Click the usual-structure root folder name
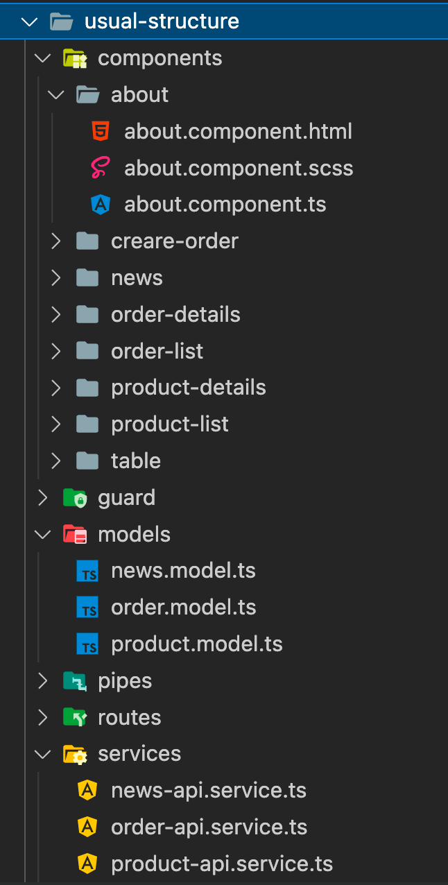pyautogui.click(x=162, y=22)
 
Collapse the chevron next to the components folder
pyautogui.click(x=43, y=58)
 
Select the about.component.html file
pyautogui.click(x=238, y=131)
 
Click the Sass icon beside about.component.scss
pyautogui.click(x=101, y=168)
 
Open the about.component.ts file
pyautogui.click(x=225, y=205)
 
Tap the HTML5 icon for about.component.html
pyautogui.click(x=101, y=131)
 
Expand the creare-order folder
pyautogui.click(x=56, y=241)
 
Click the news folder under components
pyautogui.click(x=137, y=277)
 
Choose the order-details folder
pyautogui.click(x=175, y=314)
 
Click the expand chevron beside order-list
pyautogui.click(x=56, y=351)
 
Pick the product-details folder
pyautogui.click(x=188, y=387)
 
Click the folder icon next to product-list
pyautogui.click(x=87, y=424)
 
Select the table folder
pyautogui.click(x=136, y=461)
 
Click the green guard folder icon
pyautogui.click(x=74, y=498)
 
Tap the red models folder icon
pyautogui.click(x=74, y=535)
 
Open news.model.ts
pyautogui.click(x=183, y=571)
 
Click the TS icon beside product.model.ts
pyautogui.click(x=87, y=644)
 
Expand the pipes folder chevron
pyautogui.click(x=43, y=681)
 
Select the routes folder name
pyautogui.click(x=130, y=717)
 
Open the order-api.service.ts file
pyautogui.click(x=209, y=827)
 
